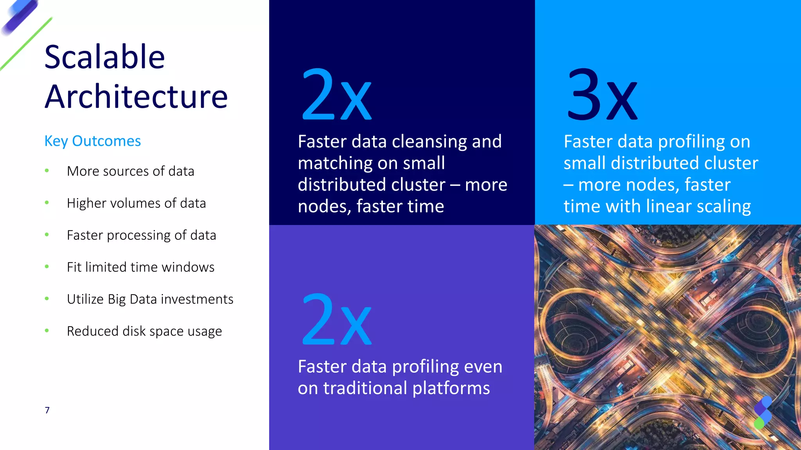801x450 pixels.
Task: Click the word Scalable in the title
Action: point(104,57)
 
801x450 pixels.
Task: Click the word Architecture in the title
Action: point(136,96)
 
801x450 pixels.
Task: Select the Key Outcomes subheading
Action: point(92,141)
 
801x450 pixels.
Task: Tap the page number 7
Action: point(47,410)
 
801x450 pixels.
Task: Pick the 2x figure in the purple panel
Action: point(336,320)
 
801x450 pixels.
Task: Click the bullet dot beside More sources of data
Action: point(47,171)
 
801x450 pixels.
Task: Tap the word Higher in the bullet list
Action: point(86,204)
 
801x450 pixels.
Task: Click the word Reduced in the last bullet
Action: point(93,331)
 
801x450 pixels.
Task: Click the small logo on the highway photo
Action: point(762,412)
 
